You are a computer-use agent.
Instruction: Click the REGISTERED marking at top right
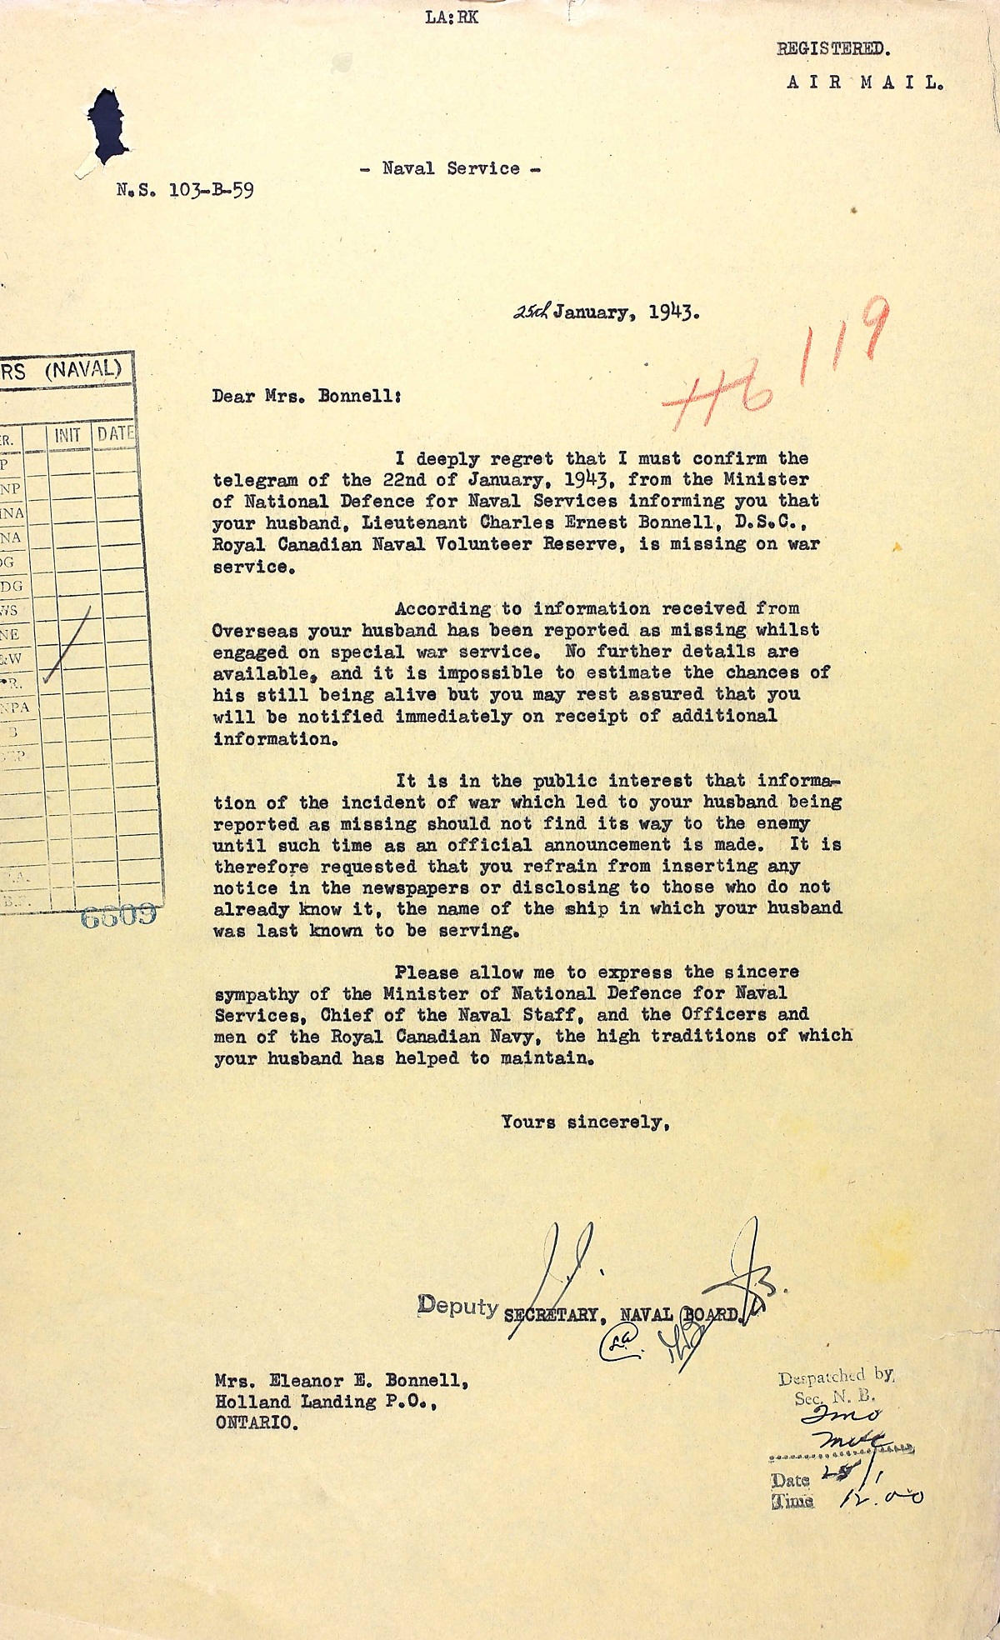(x=833, y=48)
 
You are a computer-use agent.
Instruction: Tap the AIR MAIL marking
(x=864, y=82)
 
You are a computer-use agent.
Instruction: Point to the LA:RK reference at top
(x=452, y=17)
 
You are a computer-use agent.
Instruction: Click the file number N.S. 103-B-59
(x=185, y=190)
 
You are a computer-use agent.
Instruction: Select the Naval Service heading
(x=450, y=168)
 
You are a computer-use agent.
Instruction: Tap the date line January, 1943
(x=625, y=312)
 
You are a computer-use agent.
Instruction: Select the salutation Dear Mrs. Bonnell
(x=307, y=396)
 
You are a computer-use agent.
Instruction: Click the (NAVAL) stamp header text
(x=82, y=369)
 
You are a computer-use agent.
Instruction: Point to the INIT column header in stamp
(x=67, y=434)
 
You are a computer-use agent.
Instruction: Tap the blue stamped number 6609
(x=118, y=916)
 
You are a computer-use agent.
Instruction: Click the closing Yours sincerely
(x=585, y=1122)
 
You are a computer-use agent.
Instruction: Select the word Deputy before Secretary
(x=458, y=1305)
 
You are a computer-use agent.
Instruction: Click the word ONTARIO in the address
(x=256, y=1422)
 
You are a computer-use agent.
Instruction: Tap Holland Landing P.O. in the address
(x=326, y=1402)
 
